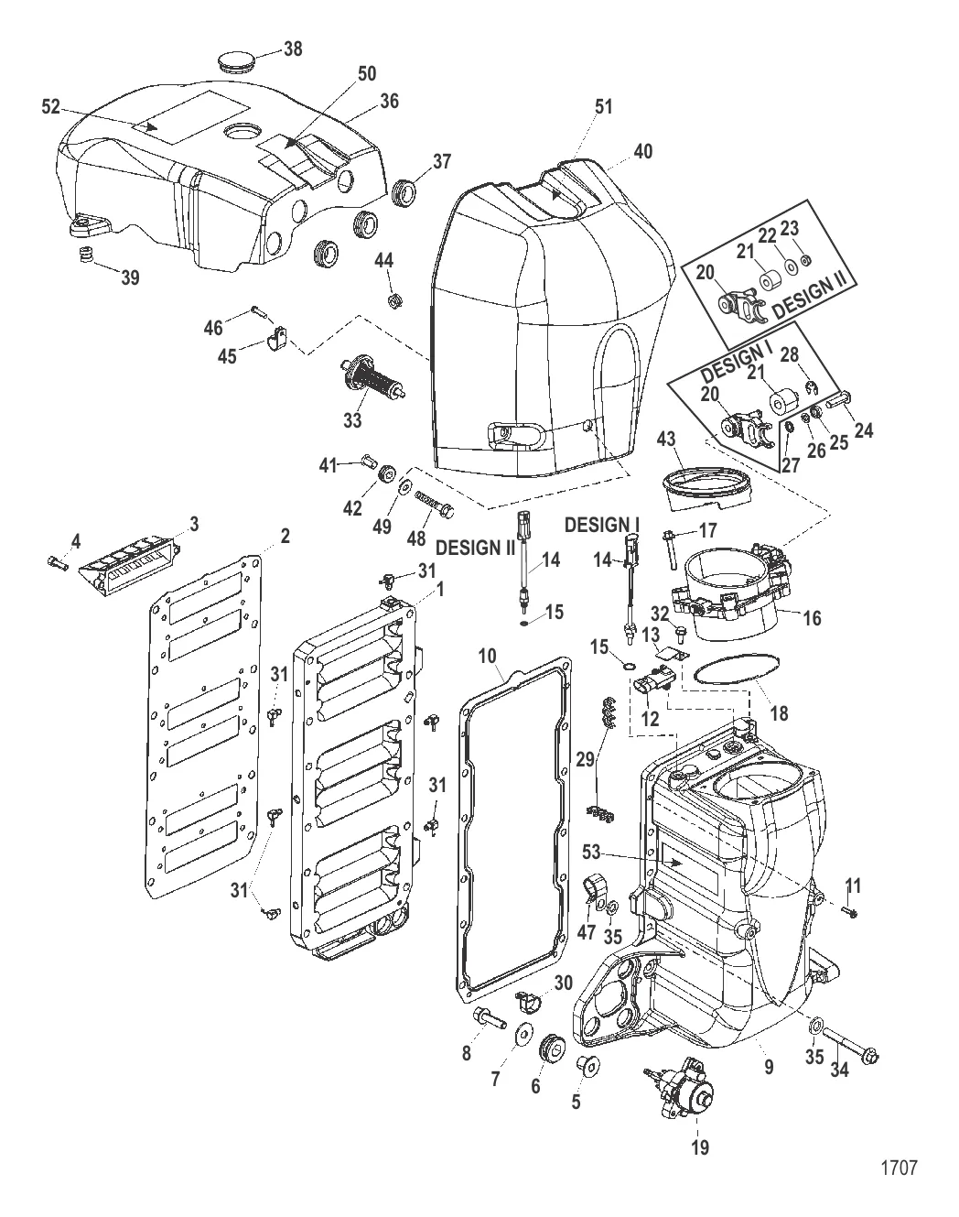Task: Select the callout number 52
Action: (x=50, y=107)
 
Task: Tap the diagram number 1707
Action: (x=899, y=1168)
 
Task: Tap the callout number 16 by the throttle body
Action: (x=811, y=618)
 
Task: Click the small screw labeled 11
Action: (x=852, y=911)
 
